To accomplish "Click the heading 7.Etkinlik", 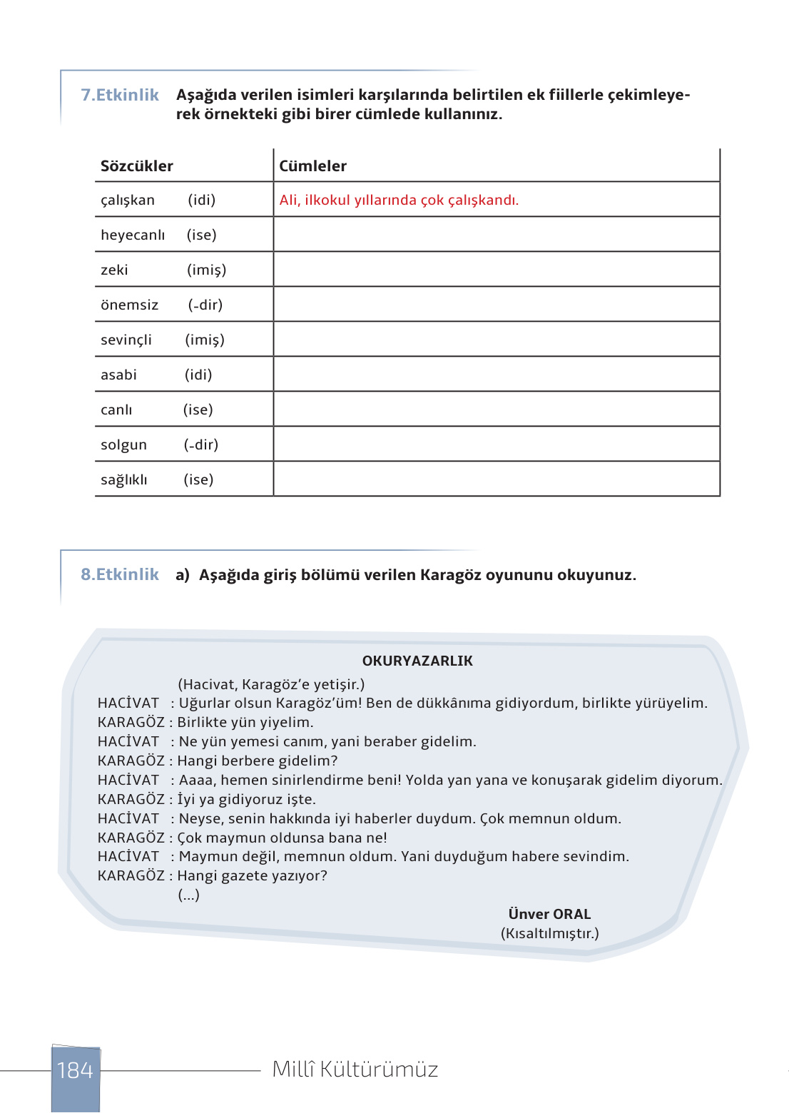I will pyautogui.click(x=120, y=95).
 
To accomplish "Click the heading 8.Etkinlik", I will pyautogui.click(x=120, y=574).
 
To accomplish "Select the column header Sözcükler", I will pyautogui.click(x=137, y=166).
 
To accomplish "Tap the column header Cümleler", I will pyautogui.click(x=312, y=166).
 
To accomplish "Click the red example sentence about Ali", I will pyautogui.click(x=399, y=200).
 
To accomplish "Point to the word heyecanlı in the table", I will pyautogui.click(x=133, y=235).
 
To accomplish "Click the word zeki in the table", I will pyautogui.click(x=114, y=270).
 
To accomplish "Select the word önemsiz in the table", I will pyautogui.click(x=129, y=305).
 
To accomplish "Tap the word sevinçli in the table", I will pyautogui.click(x=126, y=340).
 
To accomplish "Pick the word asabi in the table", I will pyautogui.click(x=118, y=375).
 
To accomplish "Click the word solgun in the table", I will pyautogui.click(x=123, y=445).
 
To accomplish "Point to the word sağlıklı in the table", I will pyautogui.click(x=124, y=480).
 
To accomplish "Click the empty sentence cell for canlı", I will pyautogui.click(x=497, y=410).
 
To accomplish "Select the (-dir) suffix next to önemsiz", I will pyautogui.click(x=205, y=305).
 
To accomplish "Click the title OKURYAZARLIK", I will pyautogui.click(x=417, y=661).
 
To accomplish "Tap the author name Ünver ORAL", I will pyautogui.click(x=549, y=914).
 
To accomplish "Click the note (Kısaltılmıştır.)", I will pyautogui.click(x=549, y=933).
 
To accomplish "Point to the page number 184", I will pyautogui.click(x=75, y=1070).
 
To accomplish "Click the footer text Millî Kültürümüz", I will pyautogui.click(x=355, y=1069).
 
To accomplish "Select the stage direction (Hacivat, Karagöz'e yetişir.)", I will pyautogui.click(x=271, y=684).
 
